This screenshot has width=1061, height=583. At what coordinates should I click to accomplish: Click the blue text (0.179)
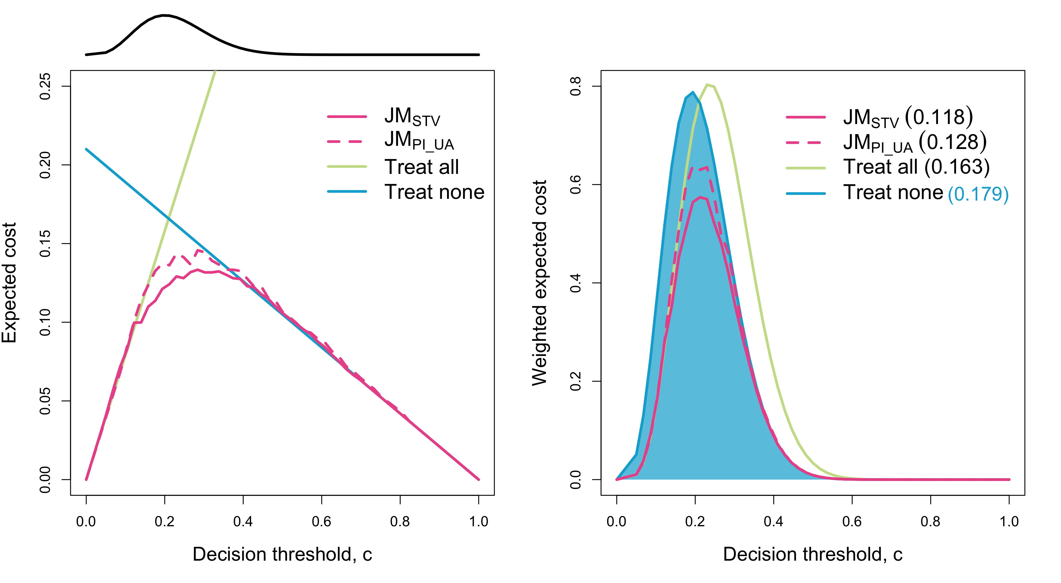(x=978, y=194)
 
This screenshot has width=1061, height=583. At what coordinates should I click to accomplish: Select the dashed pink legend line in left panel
(x=345, y=142)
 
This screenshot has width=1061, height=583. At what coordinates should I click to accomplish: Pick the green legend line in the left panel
(x=347, y=167)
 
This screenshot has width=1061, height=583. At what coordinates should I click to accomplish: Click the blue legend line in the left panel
(x=347, y=191)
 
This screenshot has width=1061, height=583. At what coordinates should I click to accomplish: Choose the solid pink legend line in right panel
(x=805, y=117)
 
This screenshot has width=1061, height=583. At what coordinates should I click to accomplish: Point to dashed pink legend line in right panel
(x=803, y=142)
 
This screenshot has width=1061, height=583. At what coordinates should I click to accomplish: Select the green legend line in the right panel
(x=805, y=168)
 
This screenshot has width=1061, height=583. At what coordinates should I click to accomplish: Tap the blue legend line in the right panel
(x=805, y=193)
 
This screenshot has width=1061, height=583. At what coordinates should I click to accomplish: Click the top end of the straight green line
(x=215, y=71)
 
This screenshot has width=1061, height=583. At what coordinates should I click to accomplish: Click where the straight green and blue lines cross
(x=168, y=217)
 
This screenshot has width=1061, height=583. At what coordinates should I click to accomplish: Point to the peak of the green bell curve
(x=708, y=85)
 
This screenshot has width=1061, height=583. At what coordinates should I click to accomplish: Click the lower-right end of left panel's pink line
(x=479, y=479)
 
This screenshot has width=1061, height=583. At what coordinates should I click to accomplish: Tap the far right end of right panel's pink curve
(x=1009, y=479)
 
